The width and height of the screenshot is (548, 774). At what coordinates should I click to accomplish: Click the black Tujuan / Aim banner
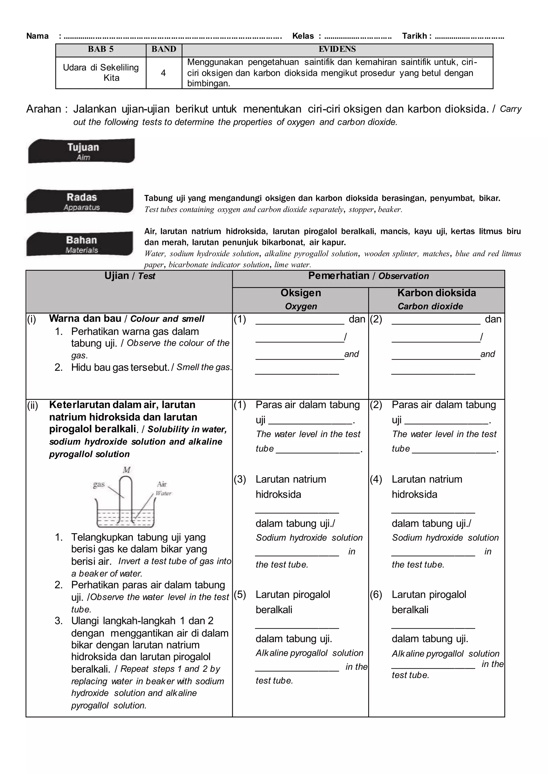(81, 151)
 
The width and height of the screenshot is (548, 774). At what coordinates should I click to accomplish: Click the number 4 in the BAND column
(163, 73)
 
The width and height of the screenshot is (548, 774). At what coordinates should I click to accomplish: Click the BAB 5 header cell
(101, 49)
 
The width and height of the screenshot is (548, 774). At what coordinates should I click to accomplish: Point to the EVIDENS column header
(337, 49)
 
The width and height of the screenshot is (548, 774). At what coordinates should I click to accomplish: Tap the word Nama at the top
(37, 36)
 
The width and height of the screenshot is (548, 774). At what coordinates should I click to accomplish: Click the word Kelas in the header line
(303, 36)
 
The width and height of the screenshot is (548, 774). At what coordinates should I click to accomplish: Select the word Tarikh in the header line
(414, 36)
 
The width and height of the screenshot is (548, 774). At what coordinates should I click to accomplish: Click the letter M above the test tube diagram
(127, 470)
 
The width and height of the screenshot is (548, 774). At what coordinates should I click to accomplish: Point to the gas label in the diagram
(99, 484)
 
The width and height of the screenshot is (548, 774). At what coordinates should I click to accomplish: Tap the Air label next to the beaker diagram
(162, 484)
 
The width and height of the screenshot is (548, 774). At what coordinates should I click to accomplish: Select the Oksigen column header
(301, 293)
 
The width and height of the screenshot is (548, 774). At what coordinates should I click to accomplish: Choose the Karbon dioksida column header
(436, 293)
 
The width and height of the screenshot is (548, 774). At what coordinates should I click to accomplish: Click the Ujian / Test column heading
(130, 276)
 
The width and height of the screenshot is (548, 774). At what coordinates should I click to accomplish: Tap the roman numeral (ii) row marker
(33, 405)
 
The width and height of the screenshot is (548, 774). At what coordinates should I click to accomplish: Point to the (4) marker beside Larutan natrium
(376, 479)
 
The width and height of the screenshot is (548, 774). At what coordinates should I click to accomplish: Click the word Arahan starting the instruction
(44, 109)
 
